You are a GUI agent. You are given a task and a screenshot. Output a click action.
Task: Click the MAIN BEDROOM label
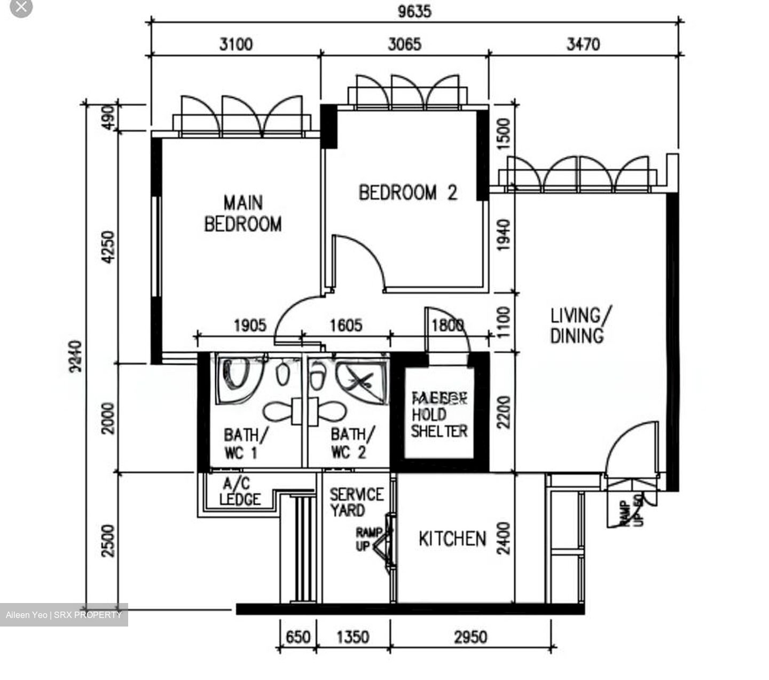[x=243, y=213]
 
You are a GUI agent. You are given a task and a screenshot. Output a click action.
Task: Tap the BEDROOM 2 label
[x=407, y=192]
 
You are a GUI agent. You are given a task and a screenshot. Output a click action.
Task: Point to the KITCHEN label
[x=452, y=539]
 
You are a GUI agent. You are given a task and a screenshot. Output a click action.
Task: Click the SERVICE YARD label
[x=356, y=503]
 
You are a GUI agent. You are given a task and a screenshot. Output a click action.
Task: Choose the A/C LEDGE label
[x=240, y=492]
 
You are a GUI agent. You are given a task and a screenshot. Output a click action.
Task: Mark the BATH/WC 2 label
[x=352, y=443]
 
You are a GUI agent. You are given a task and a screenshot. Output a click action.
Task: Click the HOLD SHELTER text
[x=438, y=422]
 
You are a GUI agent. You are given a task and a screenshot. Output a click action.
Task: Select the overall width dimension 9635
[x=414, y=11]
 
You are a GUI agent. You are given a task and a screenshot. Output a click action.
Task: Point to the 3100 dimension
[x=236, y=44]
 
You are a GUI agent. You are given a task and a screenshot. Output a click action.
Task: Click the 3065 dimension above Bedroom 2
[x=404, y=44]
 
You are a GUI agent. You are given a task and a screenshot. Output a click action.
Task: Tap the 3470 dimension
[x=583, y=44]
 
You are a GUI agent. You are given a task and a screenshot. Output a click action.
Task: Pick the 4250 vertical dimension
[x=108, y=246]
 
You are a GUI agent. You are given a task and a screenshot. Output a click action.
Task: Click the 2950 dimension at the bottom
[x=470, y=637]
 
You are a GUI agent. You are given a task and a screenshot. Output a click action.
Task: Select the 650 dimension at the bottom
[x=297, y=637]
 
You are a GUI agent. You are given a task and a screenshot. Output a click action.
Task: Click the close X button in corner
[x=21, y=7]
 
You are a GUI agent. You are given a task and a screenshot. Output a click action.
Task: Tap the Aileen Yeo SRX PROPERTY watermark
[x=64, y=615]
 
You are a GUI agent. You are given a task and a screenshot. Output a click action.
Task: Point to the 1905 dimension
[x=249, y=325]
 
